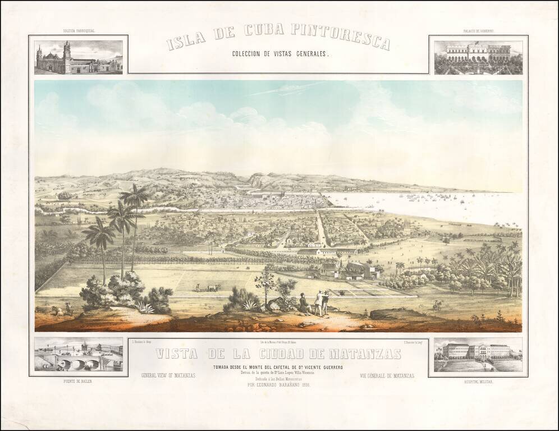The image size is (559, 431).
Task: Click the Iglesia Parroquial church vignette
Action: click(79, 57)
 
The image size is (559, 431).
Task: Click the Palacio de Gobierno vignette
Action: click(478, 57)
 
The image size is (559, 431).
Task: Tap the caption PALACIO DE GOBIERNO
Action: click(478, 31)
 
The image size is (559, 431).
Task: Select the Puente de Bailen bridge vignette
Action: click(79, 355)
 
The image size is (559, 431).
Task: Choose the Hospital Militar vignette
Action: click(478, 355)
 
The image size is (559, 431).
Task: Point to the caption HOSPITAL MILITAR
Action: click(478, 381)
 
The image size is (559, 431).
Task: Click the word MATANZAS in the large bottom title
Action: click(364, 354)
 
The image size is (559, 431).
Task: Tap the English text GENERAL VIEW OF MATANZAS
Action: click(168, 375)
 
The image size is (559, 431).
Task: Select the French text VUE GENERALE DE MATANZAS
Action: click(387, 375)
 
